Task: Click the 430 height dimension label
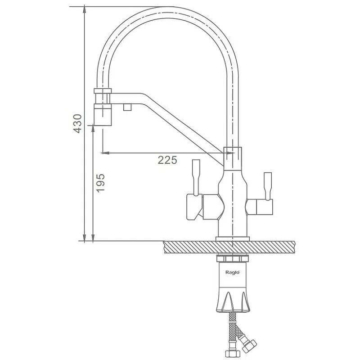click(x=77, y=123)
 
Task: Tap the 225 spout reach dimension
click(x=167, y=160)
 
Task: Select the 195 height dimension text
click(x=100, y=183)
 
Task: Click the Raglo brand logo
click(x=232, y=272)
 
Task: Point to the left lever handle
click(x=196, y=177)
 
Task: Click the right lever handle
click(x=268, y=186)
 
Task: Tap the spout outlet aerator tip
click(x=103, y=115)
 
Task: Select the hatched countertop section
click(x=229, y=247)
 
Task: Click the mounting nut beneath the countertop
click(x=232, y=258)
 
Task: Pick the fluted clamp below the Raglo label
click(x=233, y=301)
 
